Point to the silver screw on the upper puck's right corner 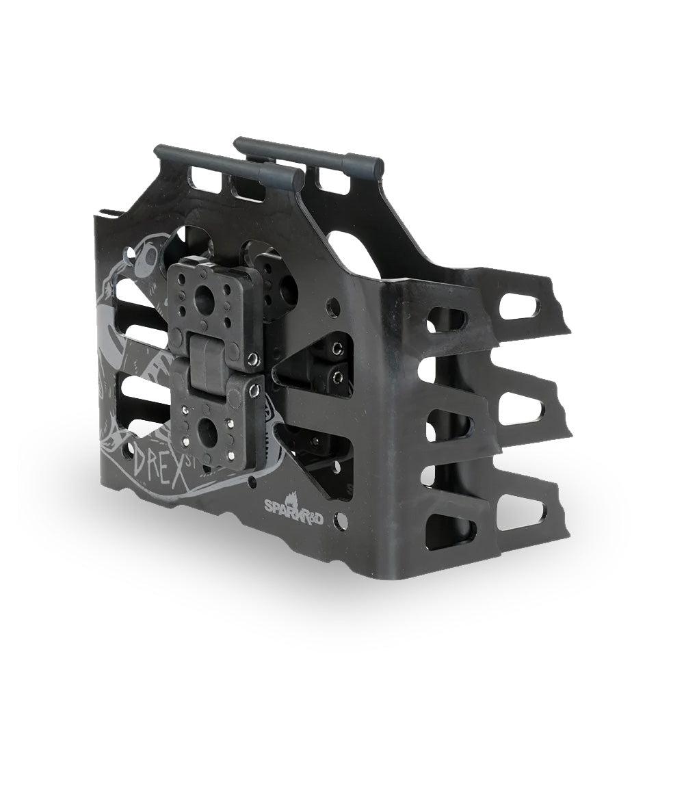coord(252,358)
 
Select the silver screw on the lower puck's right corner coord(254,390)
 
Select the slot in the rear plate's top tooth coord(519,306)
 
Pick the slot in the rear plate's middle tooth coord(521,408)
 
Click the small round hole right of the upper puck coord(332,307)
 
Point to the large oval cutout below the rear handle coord(352,253)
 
